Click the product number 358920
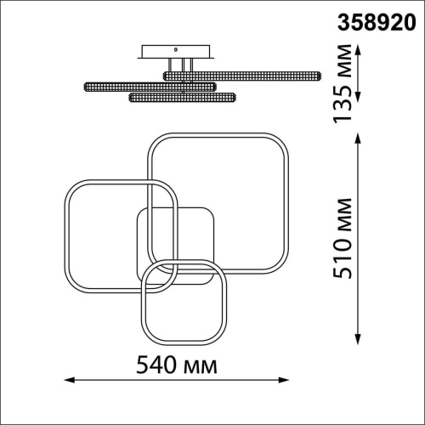pyautogui.click(x=377, y=22)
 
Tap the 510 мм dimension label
pyautogui.click(x=343, y=239)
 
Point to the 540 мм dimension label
pyautogui.click(x=177, y=365)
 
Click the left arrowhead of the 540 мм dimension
pyautogui.click(x=69, y=380)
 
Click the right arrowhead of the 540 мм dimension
pyautogui.click(x=284, y=380)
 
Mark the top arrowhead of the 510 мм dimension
pyautogui.click(x=358, y=139)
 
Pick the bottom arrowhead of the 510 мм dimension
pyautogui.click(x=358, y=339)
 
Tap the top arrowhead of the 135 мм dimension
pyautogui.click(x=358, y=49)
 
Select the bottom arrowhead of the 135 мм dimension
pyautogui.click(x=358, y=96)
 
